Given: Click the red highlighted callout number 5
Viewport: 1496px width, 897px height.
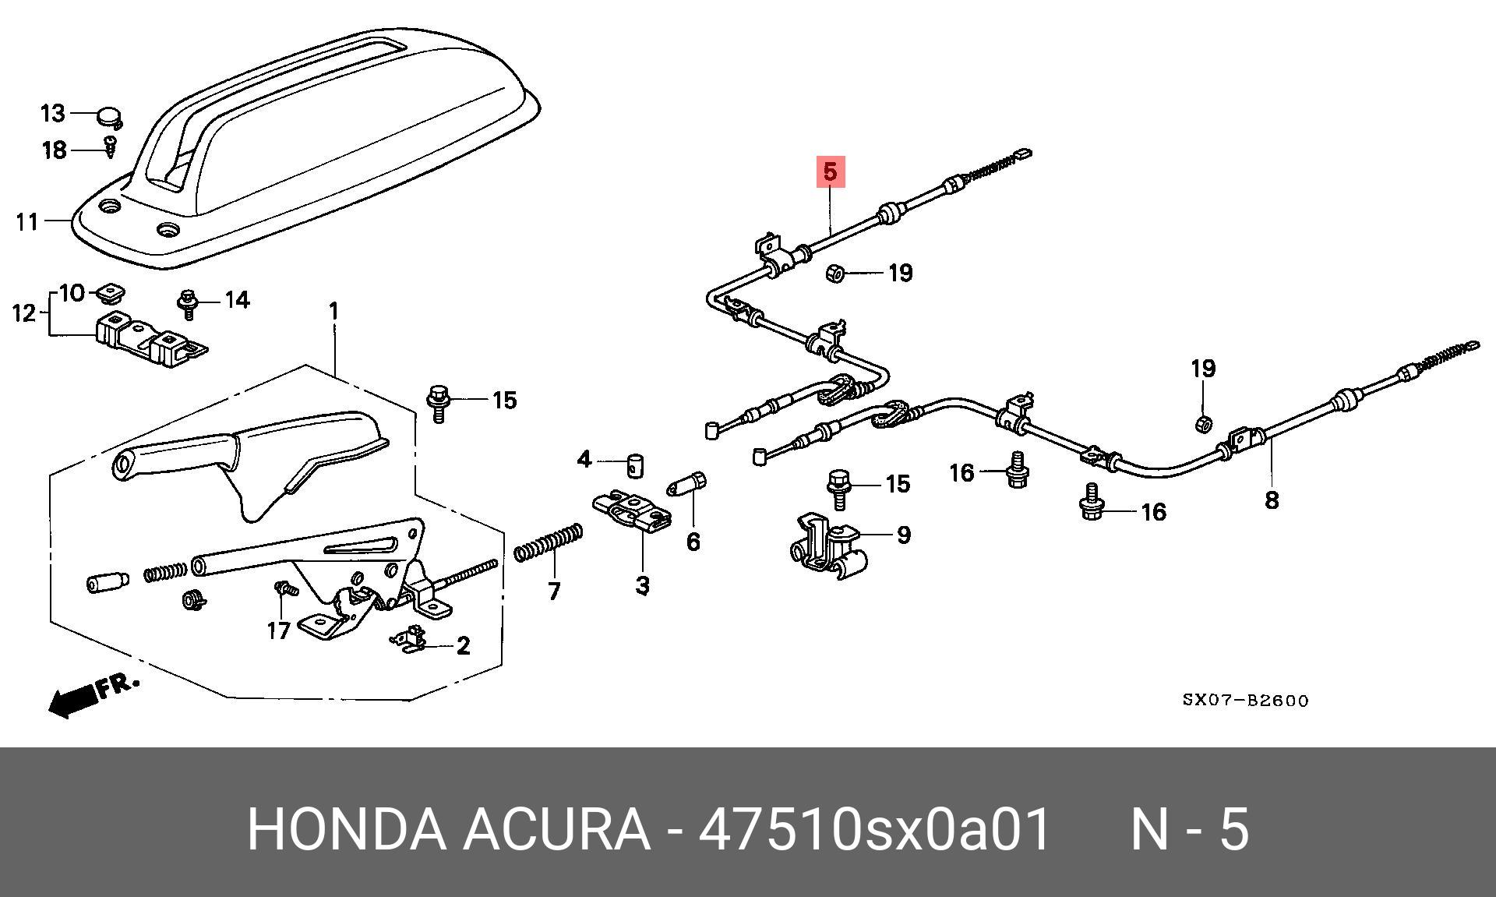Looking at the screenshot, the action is (830, 171).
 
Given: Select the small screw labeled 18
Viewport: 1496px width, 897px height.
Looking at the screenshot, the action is (111, 146).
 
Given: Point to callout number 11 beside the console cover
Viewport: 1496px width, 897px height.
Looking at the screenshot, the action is (27, 222).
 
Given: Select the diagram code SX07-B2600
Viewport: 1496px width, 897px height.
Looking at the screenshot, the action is (1245, 701).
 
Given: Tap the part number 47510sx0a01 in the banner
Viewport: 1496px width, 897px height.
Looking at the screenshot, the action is (875, 829).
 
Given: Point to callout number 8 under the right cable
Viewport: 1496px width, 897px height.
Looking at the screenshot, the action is (1272, 500).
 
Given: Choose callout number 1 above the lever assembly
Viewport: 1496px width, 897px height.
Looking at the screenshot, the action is (333, 312).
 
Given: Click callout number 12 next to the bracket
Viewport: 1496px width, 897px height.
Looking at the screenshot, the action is (25, 313).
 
